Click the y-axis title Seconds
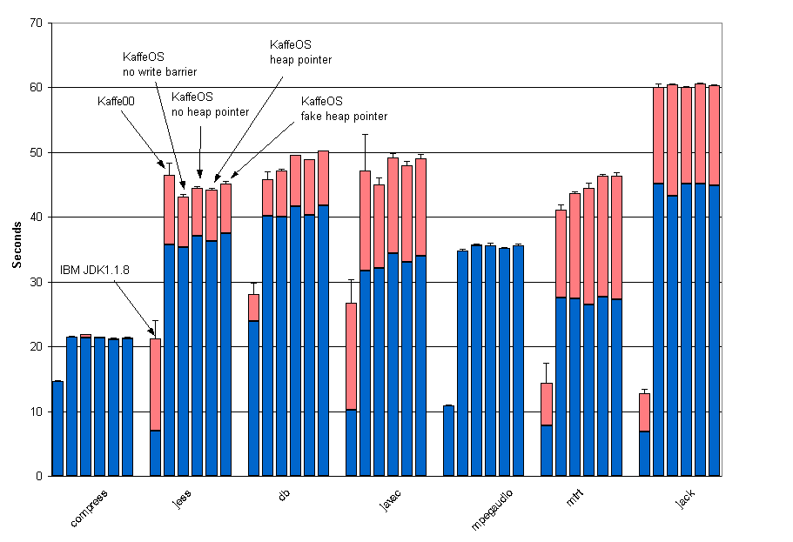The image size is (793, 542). [x=17, y=250]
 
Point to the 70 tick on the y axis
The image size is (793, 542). [x=36, y=23]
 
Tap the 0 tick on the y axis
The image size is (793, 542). [x=39, y=476]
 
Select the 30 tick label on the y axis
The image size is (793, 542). [x=36, y=282]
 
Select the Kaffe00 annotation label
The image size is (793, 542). [x=116, y=102]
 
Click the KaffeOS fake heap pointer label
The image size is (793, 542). [x=344, y=109]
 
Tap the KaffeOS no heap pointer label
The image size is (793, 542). [x=210, y=104]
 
